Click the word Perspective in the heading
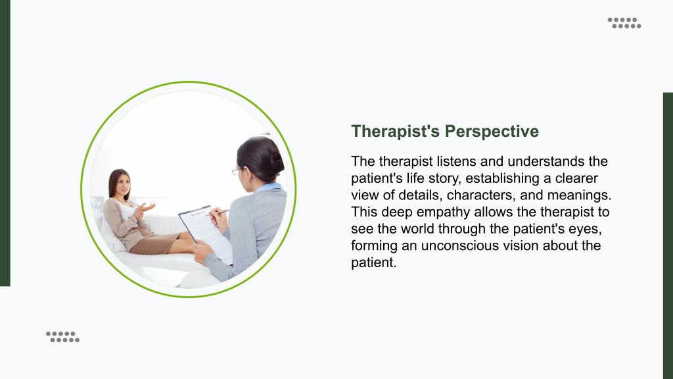click(492, 132)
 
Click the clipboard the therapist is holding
click(206, 234)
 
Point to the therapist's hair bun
click(276, 162)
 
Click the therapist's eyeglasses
click(237, 170)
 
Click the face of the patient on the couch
click(123, 184)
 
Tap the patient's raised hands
click(143, 209)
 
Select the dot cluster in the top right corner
click(624, 23)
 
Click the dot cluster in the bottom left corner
click(62, 337)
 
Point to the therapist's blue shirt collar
click(269, 188)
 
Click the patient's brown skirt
click(152, 243)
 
